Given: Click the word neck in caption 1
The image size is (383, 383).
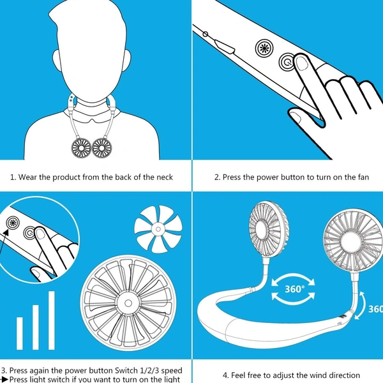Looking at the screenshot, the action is [165, 177].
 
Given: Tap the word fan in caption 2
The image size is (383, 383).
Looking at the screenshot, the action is [363, 177].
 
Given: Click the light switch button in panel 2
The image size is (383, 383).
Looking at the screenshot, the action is [264, 48].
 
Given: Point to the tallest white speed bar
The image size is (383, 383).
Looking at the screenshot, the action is [52, 320].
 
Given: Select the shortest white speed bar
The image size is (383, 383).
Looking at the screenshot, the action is [20, 333].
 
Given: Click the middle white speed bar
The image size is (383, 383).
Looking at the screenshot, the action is [36, 327].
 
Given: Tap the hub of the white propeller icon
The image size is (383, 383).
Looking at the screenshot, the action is [158, 229].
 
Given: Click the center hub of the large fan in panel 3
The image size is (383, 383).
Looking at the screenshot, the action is [128, 303].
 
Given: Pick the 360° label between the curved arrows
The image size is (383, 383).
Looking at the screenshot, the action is [295, 289].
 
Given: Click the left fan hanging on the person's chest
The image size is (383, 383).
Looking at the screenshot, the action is [81, 148].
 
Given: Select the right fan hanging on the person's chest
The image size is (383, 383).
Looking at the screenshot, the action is [102, 148].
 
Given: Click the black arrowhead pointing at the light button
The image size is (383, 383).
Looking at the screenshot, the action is [6, 232].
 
